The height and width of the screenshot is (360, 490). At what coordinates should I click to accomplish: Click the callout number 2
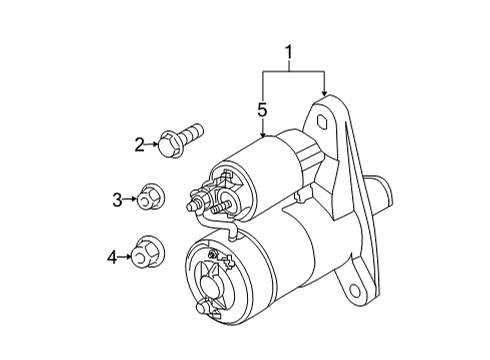[x=141, y=145]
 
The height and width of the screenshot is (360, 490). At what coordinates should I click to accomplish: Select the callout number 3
[x=117, y=200]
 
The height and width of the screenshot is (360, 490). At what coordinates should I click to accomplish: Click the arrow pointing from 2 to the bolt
[x=153, y=145]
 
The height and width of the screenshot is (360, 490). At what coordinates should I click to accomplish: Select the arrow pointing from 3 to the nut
[x=131, y=200]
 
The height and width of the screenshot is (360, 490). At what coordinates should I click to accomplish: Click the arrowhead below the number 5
[x=262, y=133]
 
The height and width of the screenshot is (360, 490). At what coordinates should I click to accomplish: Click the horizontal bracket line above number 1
[x=293, y=70]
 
